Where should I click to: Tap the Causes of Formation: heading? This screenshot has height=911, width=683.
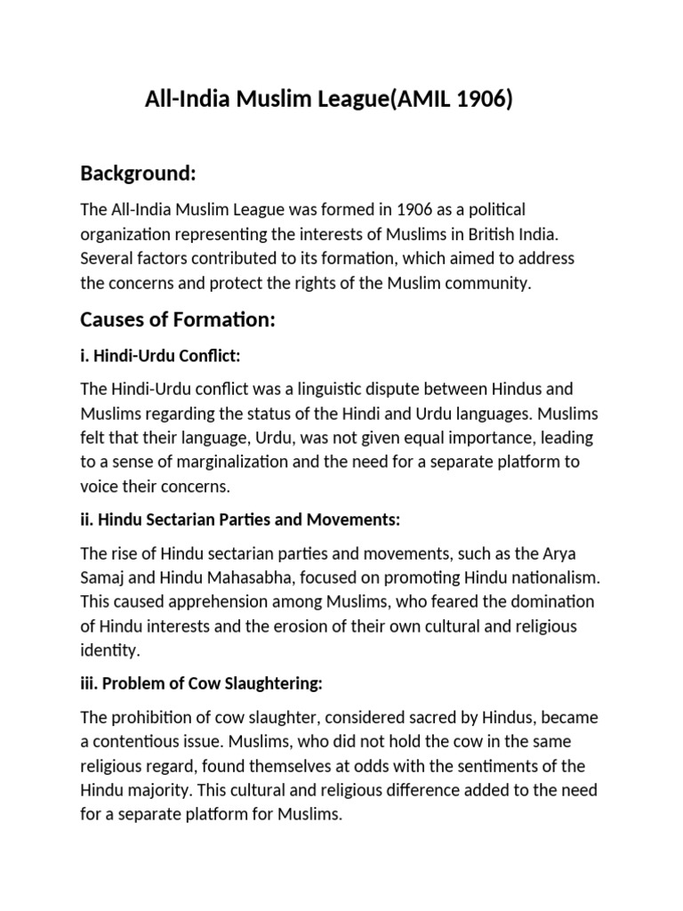pos(178,320)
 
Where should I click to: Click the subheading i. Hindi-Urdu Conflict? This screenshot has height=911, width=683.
pos(161,356)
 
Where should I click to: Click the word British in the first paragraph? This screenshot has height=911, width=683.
pos(479,234)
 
